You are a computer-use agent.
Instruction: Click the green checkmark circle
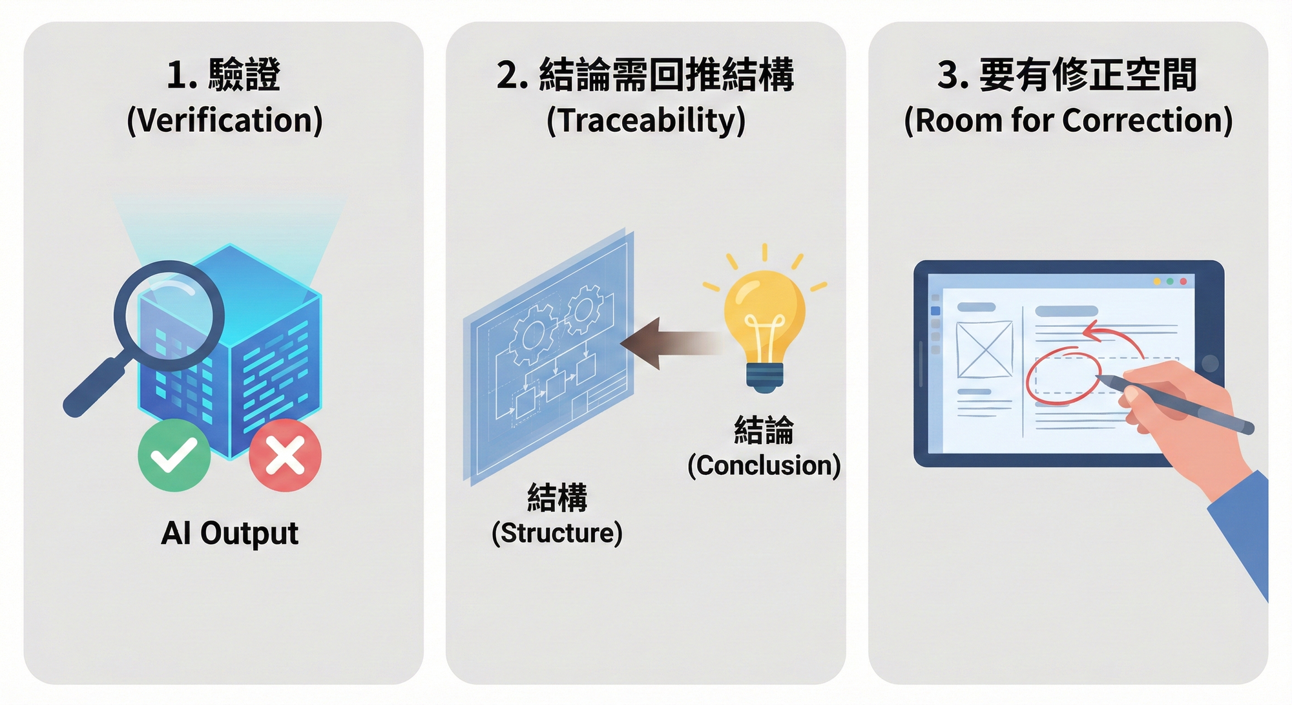[174, 455]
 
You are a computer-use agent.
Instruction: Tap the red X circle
[285, 455]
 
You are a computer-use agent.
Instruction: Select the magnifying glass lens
[170, 315]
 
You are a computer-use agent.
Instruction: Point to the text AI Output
[229, 534]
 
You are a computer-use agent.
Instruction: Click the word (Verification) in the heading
[224, 121]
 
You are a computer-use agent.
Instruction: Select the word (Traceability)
[645, 121]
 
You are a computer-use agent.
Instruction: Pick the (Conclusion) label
[764, 466]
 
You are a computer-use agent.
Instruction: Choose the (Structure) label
[557, 533]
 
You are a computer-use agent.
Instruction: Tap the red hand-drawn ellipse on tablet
[1063, 377]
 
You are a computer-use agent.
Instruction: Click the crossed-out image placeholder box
[984, 350]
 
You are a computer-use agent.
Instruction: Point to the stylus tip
[1099, 377]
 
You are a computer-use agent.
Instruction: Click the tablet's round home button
[1209, 363]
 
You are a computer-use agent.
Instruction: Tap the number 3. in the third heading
[953, 75]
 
